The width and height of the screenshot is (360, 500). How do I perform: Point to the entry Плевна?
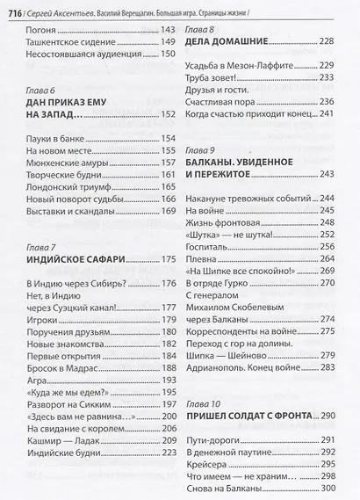click(x=202, y=259)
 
